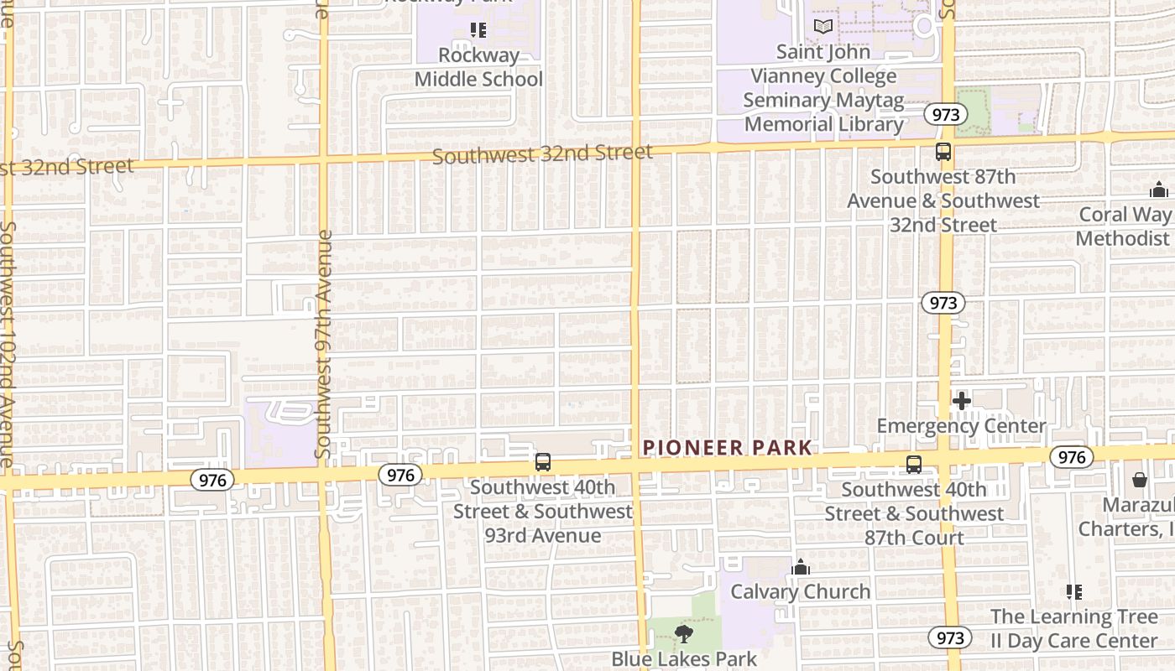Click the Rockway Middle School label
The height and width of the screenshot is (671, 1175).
tap(479, 67)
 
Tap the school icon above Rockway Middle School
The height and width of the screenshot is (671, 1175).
tap(478, 31)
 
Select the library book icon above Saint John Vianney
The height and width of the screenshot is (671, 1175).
tap(823, 27)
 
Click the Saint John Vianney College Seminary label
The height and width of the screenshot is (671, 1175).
tap(824, 88)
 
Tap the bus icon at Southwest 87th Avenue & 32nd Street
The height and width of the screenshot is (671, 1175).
tap(943, 153)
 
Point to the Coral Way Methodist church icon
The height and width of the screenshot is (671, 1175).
tap(1159, 190)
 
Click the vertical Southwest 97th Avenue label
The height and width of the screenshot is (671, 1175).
tap(324, 344)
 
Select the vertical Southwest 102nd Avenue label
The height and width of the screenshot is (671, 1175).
tap(8, 344)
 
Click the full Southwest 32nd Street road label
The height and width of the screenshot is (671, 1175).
tap(542, 154)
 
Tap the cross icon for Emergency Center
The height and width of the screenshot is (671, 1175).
tap(962, 401)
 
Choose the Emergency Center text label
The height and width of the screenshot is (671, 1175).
tap(962, 426)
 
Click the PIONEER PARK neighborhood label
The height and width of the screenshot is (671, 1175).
tap(728, 448)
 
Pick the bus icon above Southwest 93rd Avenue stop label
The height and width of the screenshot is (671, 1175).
tap(543, 462)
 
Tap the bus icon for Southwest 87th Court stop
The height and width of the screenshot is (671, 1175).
tap(914, 464)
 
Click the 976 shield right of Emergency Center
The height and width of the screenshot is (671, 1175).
tap(1071, 457)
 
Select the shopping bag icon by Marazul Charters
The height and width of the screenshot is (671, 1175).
tap(1140, 481)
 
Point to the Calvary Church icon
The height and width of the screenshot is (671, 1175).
tap(801, 568)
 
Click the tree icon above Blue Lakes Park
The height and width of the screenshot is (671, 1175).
tap(684, 634)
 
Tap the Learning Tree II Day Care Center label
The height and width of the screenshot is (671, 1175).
tap(1074, 629)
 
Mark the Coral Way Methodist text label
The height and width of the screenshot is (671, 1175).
tap(1125, 226)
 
